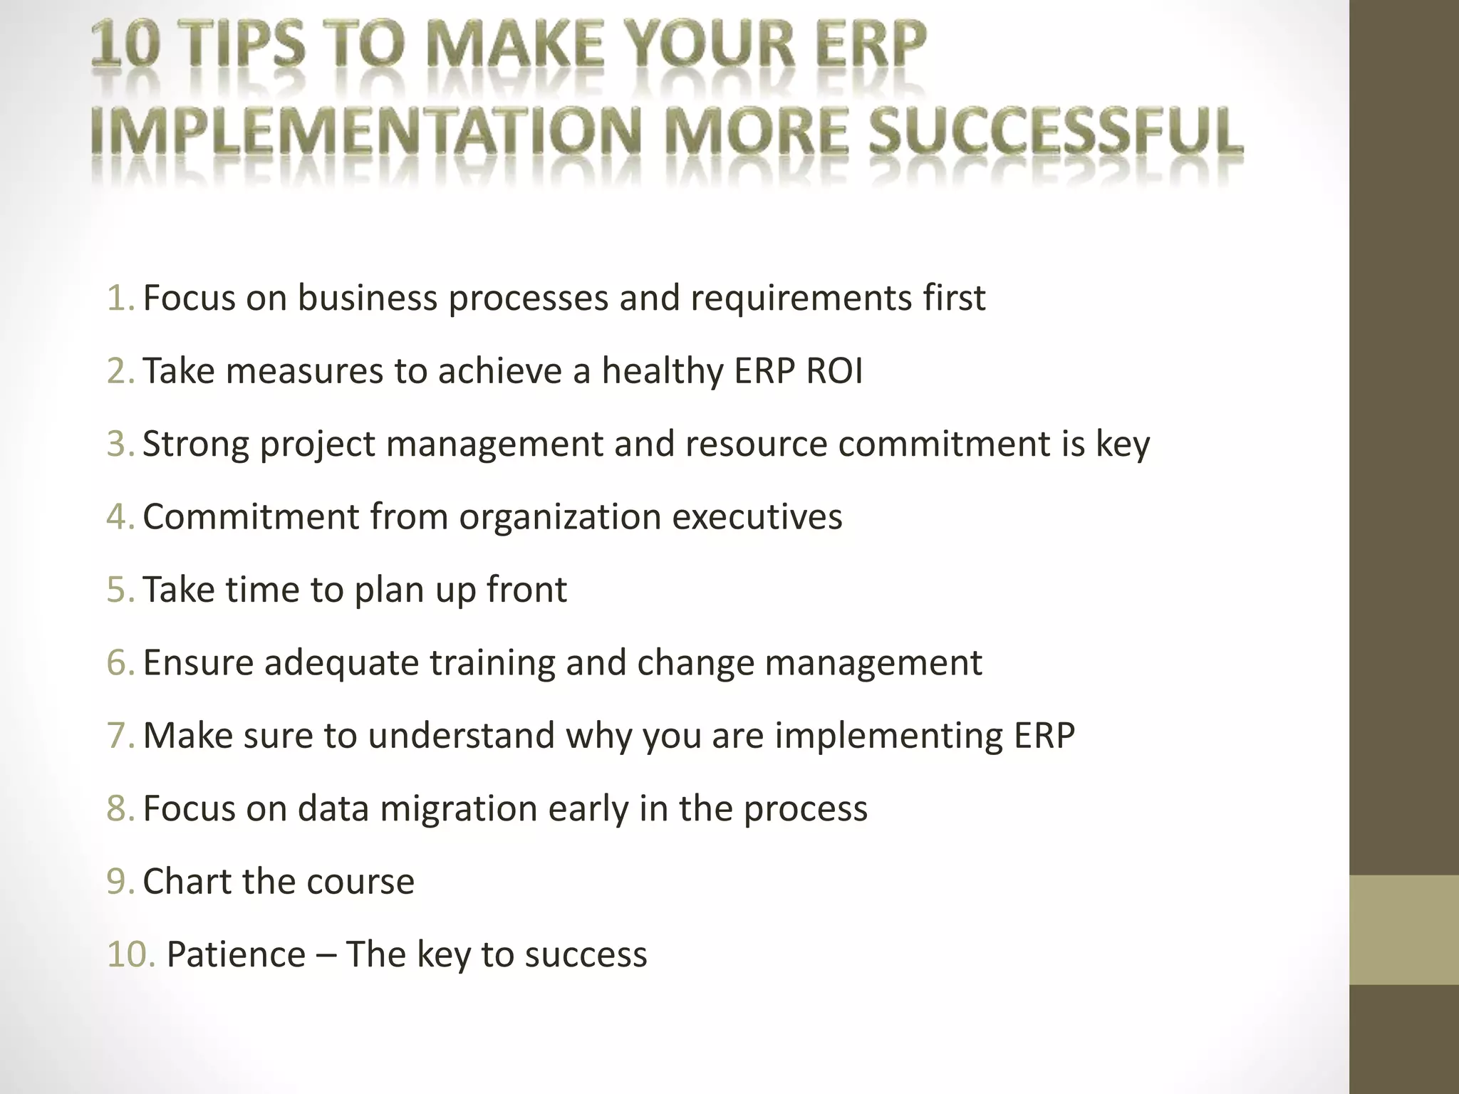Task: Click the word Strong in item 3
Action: click(x=196, y=444)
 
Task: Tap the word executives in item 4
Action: click(x=757, y=516)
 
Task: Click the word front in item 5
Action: click(x=526, y=590)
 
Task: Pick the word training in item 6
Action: click(x=492, y=662)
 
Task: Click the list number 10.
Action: click(x=130, y=954)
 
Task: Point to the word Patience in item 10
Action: click(x=236, y=954)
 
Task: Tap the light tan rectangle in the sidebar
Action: click(x=1403, y=929)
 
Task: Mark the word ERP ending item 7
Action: click(x=1044, y=736)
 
